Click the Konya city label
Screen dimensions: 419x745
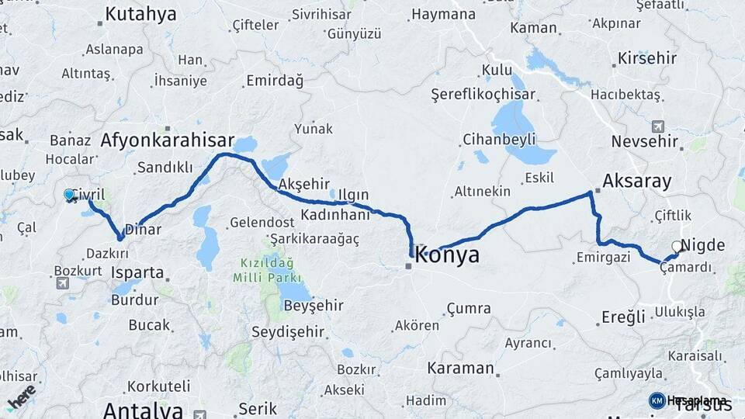click(448, 255)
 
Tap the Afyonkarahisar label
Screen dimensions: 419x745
click(167, 140)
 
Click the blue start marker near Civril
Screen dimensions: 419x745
click(69, 195)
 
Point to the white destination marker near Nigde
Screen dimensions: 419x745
click(677, 248)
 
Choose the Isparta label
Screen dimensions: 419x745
click(138, 273)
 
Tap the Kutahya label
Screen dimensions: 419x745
click(140, 13)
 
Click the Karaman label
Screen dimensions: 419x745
click(460, 368)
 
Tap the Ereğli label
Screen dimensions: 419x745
click(623, 317)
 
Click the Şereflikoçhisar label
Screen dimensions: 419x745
click(483, 94)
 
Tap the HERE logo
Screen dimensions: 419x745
click(22, 396)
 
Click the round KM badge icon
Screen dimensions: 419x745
click(657, 400)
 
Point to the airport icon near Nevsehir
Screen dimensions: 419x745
click(659, 126)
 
